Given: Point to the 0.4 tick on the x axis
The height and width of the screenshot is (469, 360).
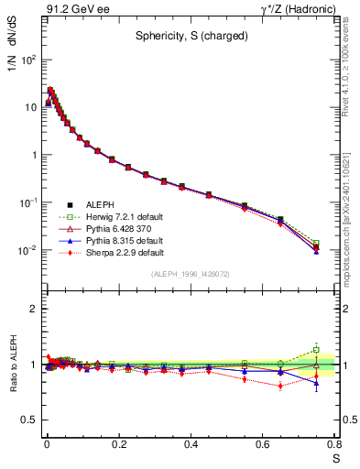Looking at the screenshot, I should point(191,443).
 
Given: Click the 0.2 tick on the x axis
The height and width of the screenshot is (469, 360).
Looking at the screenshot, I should point(118,443).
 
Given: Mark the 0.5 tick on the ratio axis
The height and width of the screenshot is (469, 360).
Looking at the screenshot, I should point(31,420).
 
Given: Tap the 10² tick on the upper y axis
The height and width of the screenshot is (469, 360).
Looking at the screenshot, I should point(28,59).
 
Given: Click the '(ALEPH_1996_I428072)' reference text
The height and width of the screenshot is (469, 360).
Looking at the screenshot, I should point(191,275).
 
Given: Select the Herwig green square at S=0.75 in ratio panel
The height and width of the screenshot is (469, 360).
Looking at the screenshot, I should point(316,349).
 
